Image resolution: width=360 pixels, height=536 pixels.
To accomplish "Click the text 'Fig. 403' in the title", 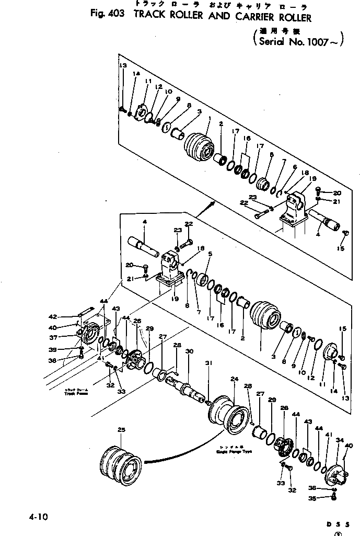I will click(x=107, y=15).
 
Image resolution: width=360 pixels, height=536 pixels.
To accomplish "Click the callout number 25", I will click(x=121, y=430).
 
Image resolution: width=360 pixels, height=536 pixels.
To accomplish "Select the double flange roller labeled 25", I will click(x=120, y=460).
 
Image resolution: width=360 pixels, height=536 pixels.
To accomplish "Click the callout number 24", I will click(x=234, y=379).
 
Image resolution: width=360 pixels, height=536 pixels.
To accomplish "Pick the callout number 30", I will click(x=189, y=351).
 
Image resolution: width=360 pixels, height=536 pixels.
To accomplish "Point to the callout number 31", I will click(x=209, y=363).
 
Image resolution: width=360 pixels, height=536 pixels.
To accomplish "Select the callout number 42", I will click(x=67, y=316).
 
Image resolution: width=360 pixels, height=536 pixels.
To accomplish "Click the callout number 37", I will click(x=67, y=337).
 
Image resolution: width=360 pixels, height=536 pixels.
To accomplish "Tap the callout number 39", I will click(x=67, y=350).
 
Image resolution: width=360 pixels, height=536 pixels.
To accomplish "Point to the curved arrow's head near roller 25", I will click(x=144, y=462).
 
